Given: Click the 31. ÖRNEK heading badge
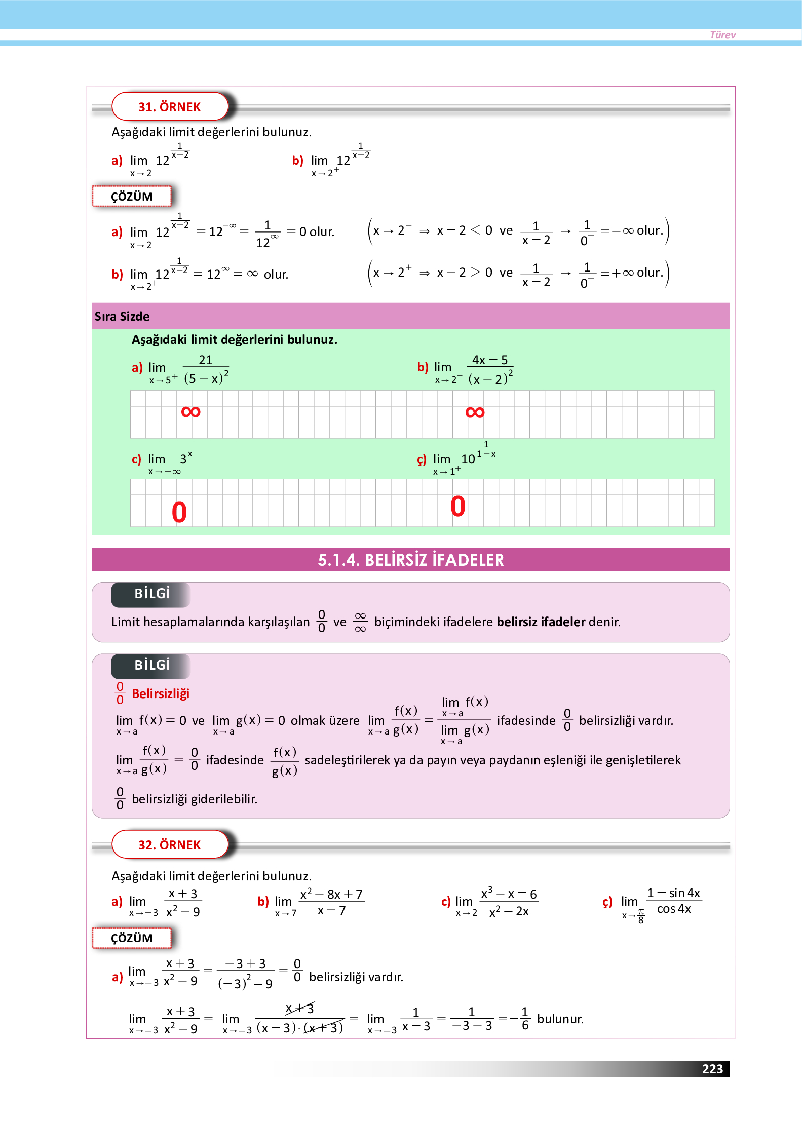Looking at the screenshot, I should pyautogui.click(x=170, y=107).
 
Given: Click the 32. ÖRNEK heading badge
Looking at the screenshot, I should pyautogui.click(x=170, y=845).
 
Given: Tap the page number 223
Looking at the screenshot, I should pyautogui.click(x=712, y=1069).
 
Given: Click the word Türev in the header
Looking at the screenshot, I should pyautogui.click(x=722, y=35).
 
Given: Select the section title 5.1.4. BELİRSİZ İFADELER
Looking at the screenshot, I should pyautogui.click(x=410, y=560).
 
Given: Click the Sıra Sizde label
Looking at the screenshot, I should pyautogui.click(x=122, y=317).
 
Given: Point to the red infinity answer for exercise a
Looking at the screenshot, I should pyautogui.click(x=190, y=412).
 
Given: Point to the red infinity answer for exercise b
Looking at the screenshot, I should pyautogui.click(x=475, y=412).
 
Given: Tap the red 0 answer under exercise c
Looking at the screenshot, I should pyautogui.click(x=179, y=512).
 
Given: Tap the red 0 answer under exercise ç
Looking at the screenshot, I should pyautogui.click(x=457, y=506).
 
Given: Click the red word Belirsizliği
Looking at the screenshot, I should pyautogui.click(x=160, y=693).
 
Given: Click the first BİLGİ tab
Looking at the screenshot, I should pyautogui.click(x=151, y=594).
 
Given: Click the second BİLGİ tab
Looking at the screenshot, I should pyautogui.click(x=151, y=665).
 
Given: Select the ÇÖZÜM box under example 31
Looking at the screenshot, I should pyautogui.click(x=132, y=197).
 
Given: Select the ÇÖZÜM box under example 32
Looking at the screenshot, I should pyautogui.click(x=132, y=938).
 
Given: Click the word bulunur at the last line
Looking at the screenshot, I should pyautogui.click(x=560, y=1019).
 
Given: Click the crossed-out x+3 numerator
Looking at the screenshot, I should pyautogui.click(x=300, y=1009).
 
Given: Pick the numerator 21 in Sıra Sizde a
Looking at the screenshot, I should pyautogui.click(x=205, y=360).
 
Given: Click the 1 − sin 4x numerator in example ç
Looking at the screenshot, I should pyautogui.click(x=673, y=893).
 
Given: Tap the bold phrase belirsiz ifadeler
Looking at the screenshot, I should pyautogui.click(x=541, y=622).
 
